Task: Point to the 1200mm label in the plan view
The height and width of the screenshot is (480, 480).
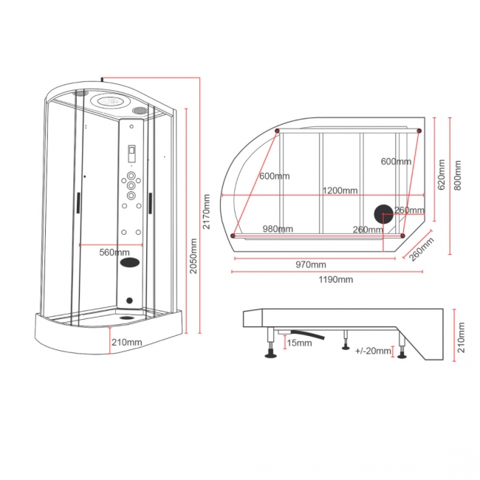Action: pyautogui.click(x=340, y=190)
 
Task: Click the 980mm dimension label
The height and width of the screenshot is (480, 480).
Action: pyautogui.click(x=278, y=229)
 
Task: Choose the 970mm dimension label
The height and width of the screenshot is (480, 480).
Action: pyautogui.click(x=311, y=264)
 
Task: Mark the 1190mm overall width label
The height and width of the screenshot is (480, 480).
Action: pyautogui.click(x=335, y=279)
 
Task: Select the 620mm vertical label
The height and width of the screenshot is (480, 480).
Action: pyautogui.click(x=442, y=175)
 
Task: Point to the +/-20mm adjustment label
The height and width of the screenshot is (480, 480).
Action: pyautogui.click(x=373, y=350)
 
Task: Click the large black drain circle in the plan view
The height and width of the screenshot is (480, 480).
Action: pyautogui.click(x=383, y=215)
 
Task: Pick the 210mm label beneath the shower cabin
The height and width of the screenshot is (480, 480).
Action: pyautogui.click(x=126, y=342)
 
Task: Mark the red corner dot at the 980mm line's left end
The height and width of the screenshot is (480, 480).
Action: pyautogui.click(x=233, y=236)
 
